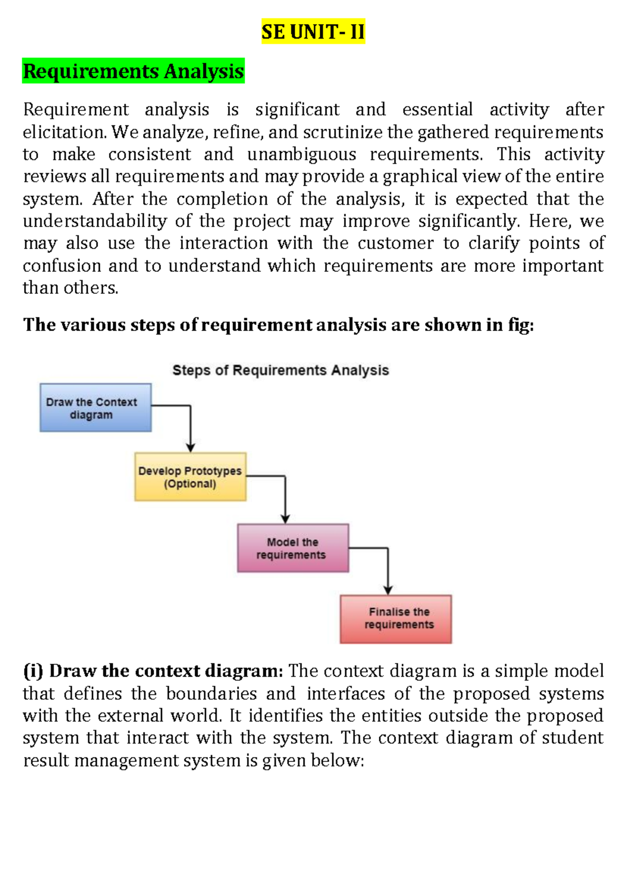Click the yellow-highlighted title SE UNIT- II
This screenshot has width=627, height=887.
tap(313, 31)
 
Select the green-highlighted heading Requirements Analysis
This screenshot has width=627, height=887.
tap(133, 71)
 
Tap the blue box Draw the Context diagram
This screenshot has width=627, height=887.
tap(95, 407)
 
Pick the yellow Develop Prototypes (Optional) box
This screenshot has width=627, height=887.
tap(190, 477)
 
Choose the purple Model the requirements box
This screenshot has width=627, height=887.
tap(293, 548)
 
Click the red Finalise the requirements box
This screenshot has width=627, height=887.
tap(396, 619)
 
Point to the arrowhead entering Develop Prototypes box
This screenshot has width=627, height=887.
tap(190, 448)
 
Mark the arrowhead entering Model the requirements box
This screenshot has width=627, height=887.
tap(285, 519)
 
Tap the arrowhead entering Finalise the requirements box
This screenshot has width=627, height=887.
tap(388, 590)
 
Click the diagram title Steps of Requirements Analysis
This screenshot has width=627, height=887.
tap(281, 370)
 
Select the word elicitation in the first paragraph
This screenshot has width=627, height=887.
tap(65, 132)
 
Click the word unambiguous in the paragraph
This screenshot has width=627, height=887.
tap(301, 154)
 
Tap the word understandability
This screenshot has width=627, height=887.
tap(95, 221)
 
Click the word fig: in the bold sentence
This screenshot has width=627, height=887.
tap(521, 325)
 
